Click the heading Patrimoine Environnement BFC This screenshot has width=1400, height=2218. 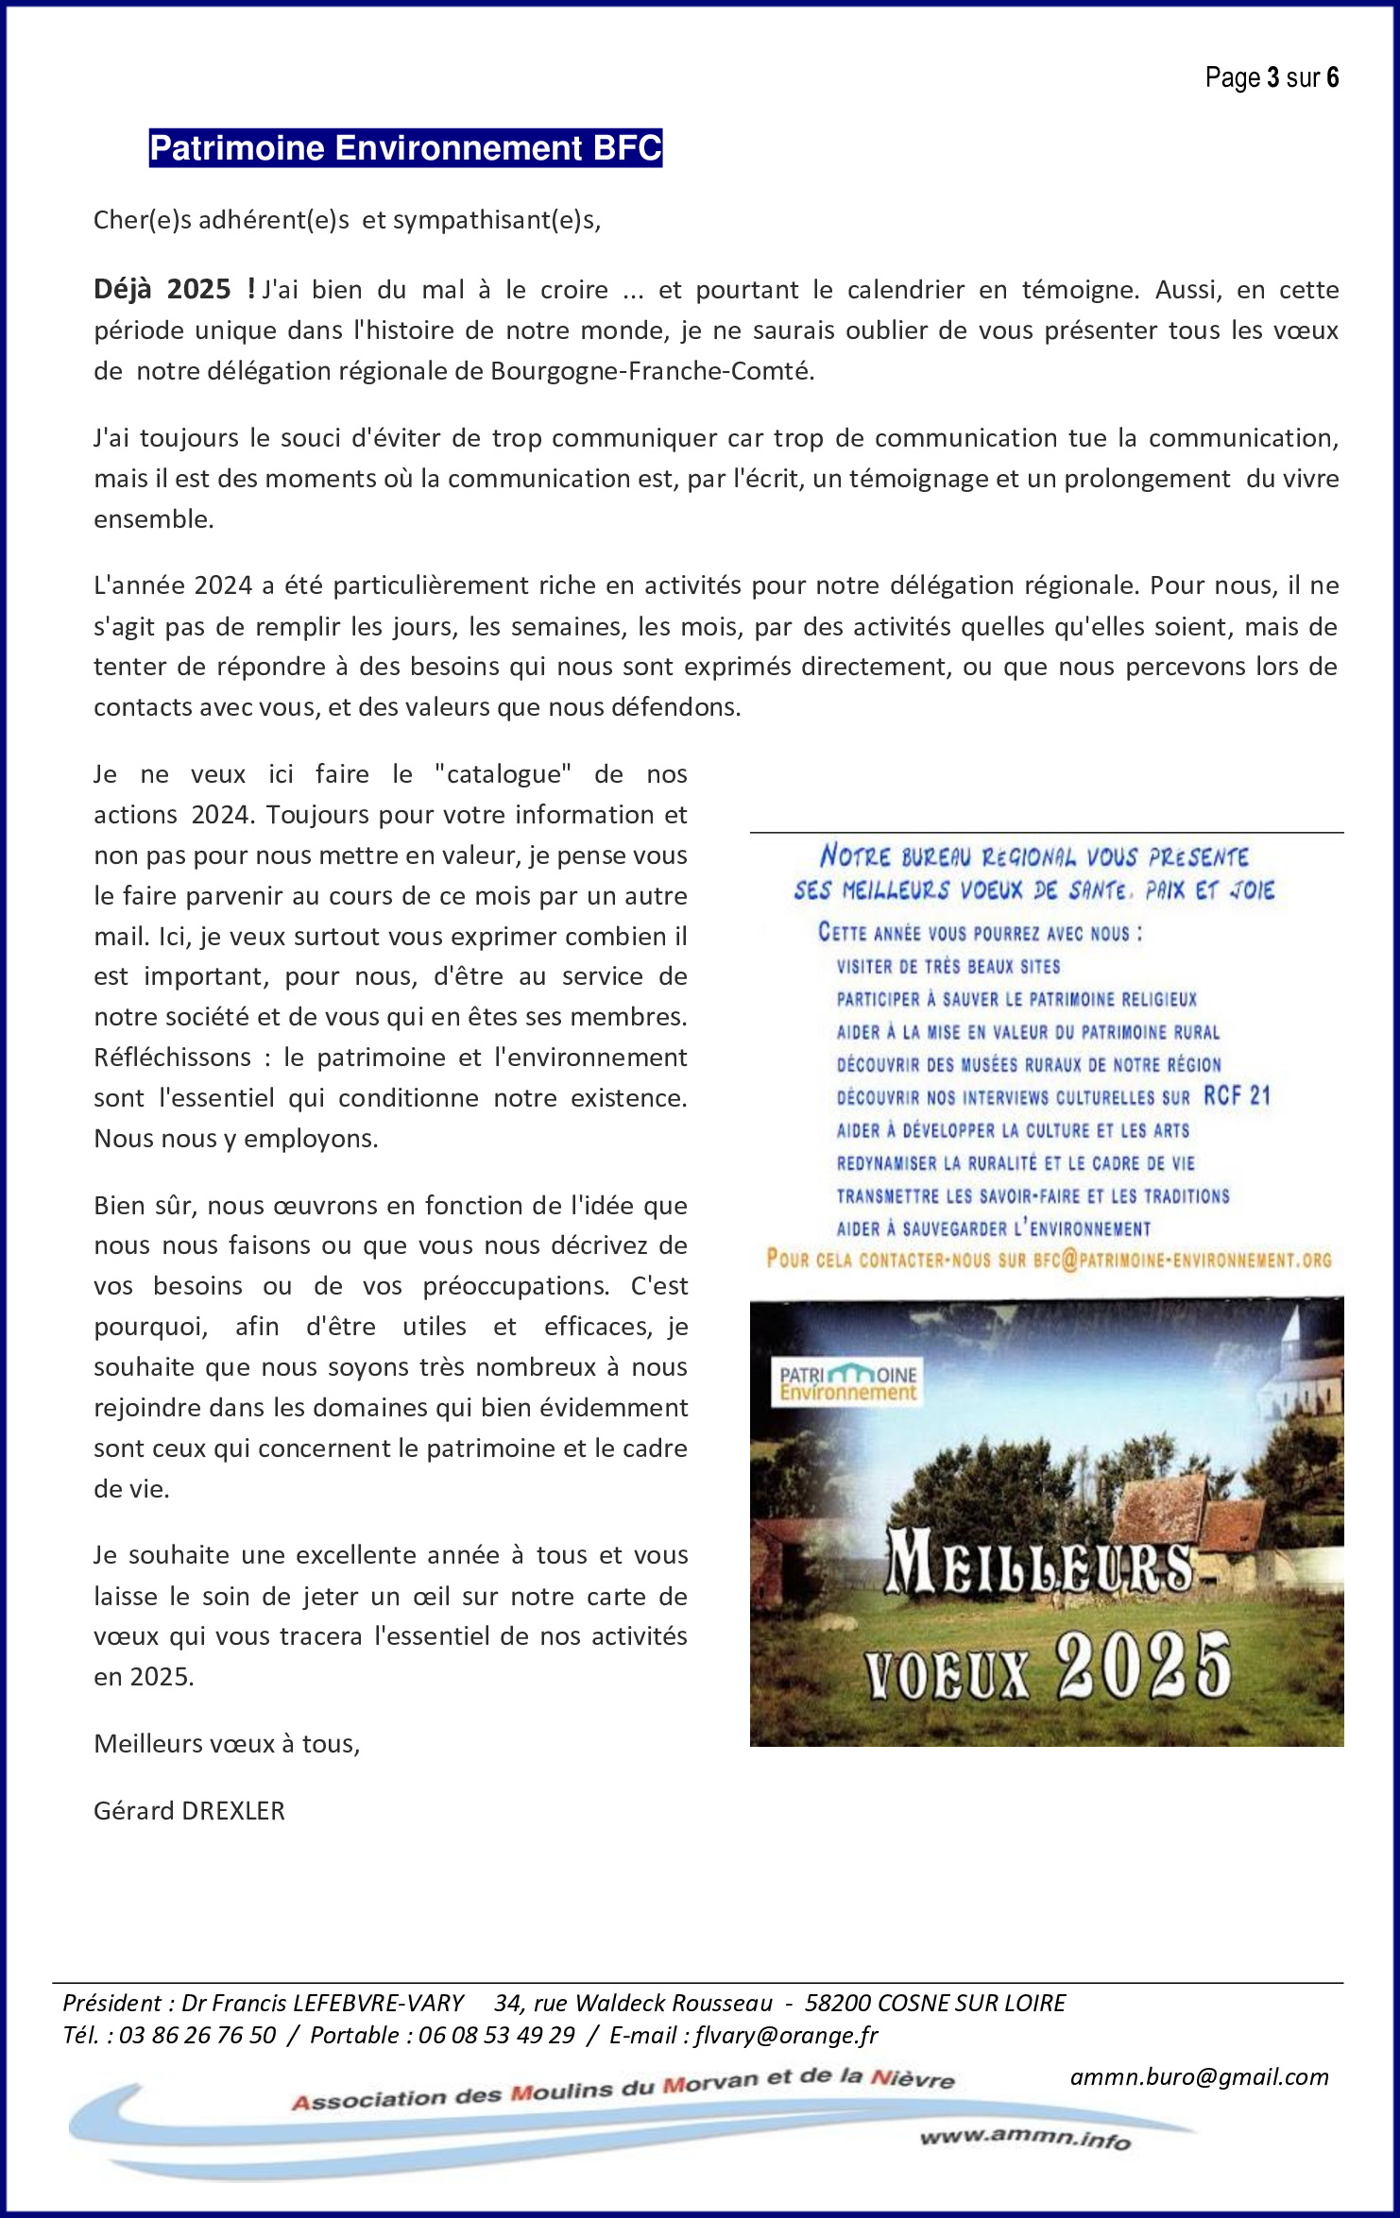click(405, 148)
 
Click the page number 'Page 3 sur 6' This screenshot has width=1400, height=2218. click(1272, 77)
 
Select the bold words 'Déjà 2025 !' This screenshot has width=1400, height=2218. click(175, 289)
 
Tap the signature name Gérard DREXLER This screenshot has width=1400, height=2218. click(189, 1810)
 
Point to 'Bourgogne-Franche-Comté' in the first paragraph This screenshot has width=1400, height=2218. click(651, 371)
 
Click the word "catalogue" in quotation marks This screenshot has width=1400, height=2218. click(503, 774)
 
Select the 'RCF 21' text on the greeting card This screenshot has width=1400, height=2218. click(1237, 1095)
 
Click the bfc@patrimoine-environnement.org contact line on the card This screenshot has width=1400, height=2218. click(1049, 1260)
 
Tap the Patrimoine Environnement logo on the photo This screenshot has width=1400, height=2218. click(847, 1382)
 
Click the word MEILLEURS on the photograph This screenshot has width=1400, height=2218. click(1039, 1563)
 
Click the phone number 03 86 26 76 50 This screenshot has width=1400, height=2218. click(197, 2035)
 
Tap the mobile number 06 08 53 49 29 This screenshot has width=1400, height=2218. click(496, 2035)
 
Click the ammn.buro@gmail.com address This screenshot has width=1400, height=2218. click(1199, 2076)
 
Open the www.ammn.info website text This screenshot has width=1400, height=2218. click(1025, 2138)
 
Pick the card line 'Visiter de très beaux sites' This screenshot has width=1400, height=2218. click(948, 966)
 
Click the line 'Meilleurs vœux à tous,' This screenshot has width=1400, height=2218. click(227, 1743)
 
